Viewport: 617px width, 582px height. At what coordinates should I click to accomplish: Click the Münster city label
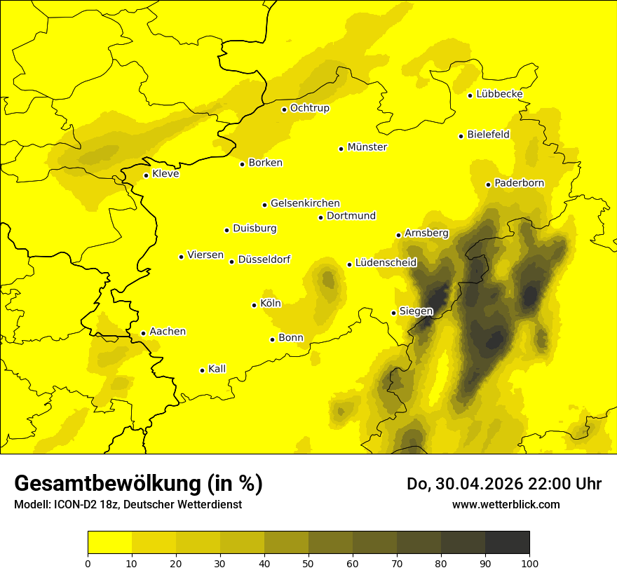point(367,147)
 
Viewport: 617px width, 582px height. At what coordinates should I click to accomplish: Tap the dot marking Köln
point(255,305)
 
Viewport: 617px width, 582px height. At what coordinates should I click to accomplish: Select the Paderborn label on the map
point(519,183)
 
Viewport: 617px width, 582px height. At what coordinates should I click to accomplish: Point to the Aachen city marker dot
point(143,334)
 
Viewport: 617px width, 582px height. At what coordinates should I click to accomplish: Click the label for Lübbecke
point(499,94)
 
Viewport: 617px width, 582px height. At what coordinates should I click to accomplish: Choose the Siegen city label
point(416,311)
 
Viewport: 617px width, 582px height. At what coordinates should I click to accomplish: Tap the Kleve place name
point(165,174)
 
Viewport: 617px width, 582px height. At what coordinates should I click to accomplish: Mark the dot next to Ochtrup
point(284,109)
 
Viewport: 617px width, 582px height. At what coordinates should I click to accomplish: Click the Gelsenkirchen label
point(305,203)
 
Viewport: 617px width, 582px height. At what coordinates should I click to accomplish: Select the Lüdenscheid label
point(386,263)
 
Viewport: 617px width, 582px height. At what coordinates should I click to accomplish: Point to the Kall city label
point(217,369)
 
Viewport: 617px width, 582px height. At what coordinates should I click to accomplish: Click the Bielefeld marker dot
point(461,136)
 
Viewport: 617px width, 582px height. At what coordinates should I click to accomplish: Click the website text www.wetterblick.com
point(506,504)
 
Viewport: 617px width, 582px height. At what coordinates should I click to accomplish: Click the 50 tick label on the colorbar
point(308,563)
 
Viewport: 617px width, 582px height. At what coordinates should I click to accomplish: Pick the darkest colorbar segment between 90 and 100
point(507,542)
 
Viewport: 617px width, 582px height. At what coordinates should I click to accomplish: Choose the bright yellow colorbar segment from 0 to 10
point(109,542)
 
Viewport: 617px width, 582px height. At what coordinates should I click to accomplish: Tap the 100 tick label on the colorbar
point(529,563)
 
